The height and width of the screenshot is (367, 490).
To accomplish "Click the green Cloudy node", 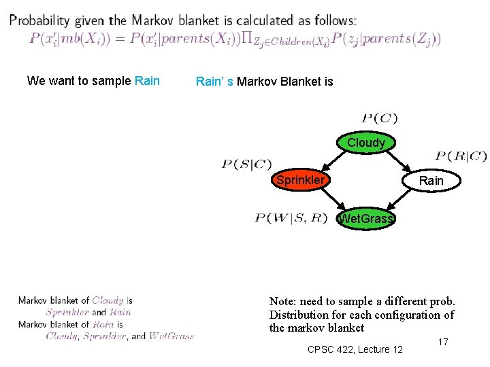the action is click(365, 143).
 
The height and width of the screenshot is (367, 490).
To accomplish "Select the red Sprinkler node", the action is click(300, 180).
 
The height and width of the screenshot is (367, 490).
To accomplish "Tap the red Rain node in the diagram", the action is click(431, 181).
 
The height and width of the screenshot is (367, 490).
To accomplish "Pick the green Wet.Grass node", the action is click(365, 218).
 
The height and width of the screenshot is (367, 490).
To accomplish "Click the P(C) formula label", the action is click(379, 118).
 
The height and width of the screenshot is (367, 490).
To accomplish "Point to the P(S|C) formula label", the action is click(246, 164).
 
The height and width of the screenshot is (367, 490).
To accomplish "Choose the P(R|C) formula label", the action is click(461, 156).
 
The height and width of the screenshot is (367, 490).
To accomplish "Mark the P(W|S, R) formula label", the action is click(291, 218).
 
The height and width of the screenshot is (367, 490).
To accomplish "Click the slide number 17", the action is click(442, 342).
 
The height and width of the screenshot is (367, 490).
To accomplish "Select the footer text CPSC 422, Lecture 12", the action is click(355, 349).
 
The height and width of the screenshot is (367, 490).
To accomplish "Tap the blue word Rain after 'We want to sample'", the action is click(148, 81).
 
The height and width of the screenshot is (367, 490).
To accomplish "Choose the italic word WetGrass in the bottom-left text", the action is click(171, 336).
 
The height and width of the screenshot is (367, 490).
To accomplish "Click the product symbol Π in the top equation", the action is click(247, 39).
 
